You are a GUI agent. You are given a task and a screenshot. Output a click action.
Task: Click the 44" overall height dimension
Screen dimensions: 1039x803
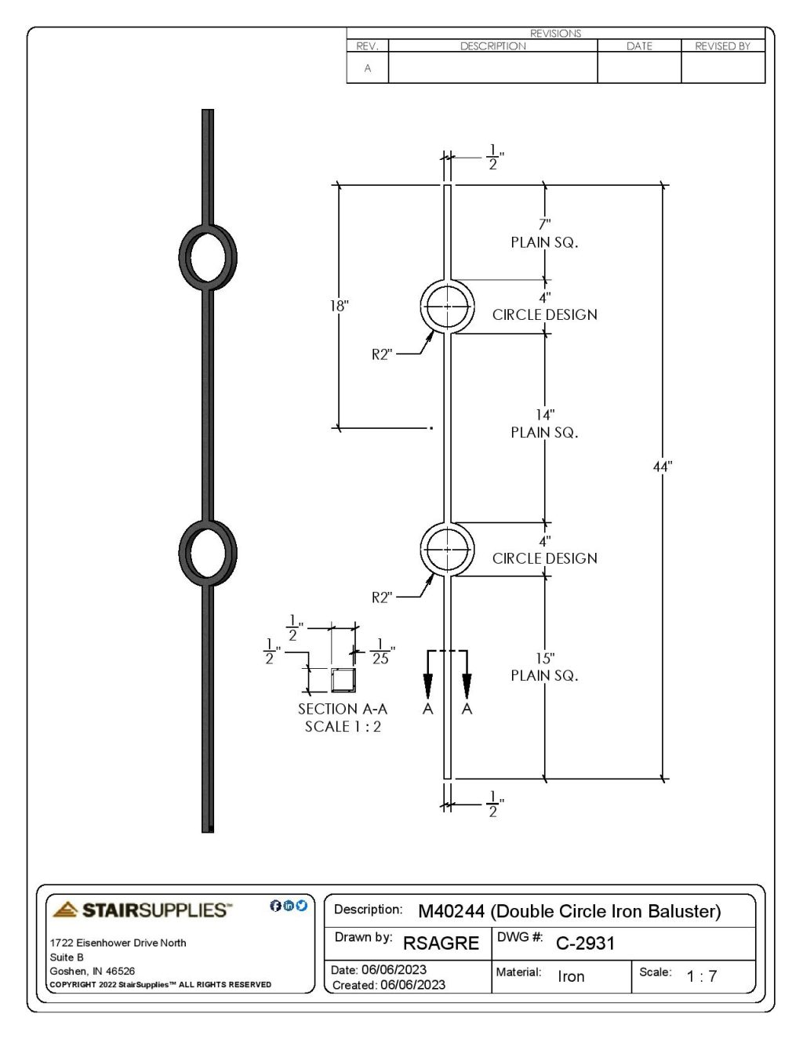[x=663, y=467]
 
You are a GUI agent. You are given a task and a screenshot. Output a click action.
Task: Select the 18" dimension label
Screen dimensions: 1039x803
[x=338, y=307]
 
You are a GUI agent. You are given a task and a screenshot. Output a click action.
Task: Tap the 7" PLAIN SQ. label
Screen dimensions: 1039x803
[x=544, y=234]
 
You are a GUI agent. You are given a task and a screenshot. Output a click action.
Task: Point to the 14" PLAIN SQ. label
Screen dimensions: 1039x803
[x=544, y=423]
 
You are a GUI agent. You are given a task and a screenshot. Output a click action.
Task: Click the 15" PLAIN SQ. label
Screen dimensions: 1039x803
[x=544, y=667]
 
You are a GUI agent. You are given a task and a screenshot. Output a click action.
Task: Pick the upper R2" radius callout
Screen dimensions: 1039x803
[x=381, y=354]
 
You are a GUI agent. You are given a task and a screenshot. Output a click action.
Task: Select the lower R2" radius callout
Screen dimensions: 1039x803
[x=381, y=598]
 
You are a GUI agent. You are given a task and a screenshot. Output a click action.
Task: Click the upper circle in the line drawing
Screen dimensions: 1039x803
[x=447, y=307]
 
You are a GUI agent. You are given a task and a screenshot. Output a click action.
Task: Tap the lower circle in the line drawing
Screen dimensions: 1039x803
[x=447, y=550]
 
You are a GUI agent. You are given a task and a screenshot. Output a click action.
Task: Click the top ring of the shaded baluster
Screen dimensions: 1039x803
[x=208, y=257]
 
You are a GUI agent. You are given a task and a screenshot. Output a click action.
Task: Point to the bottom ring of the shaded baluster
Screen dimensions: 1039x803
[x=208, y=552]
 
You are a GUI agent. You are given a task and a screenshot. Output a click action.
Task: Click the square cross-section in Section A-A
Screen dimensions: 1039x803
[x=343, y=681]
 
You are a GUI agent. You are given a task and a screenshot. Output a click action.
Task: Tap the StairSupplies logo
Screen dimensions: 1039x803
[x=142, y=910]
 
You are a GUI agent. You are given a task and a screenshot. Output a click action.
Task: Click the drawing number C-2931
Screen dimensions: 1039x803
[x=585, y=943]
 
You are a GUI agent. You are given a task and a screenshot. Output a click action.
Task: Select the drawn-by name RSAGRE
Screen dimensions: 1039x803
[x=441, y=943]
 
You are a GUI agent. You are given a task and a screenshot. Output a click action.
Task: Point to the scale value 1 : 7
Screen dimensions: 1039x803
[x=701, y=976]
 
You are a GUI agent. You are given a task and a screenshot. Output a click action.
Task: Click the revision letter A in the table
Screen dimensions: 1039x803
[x=367, y=68]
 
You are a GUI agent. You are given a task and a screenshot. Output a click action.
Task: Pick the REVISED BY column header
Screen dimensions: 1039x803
[x=722, y=46]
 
